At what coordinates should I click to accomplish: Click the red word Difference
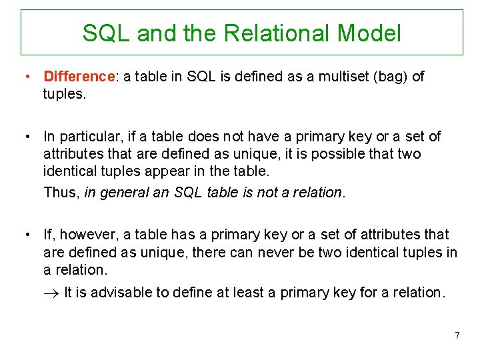(x=79, y=77)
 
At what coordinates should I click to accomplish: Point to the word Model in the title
(x=369, y=33)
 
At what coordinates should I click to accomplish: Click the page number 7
(x=457, y=335)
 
